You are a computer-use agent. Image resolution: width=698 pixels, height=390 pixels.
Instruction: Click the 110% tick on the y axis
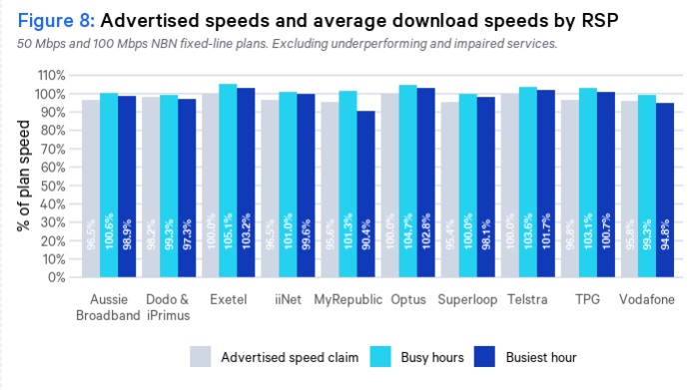pyautogui.click(x=51, y=76)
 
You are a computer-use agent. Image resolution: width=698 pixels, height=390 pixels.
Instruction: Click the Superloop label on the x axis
pyautogui.click(x=462, y=298)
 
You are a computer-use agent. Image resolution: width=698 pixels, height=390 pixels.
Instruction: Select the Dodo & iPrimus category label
pyautogui.click(x=168, y=306)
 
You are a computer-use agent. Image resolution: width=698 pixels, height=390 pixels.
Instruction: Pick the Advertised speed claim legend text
pyautogui.click(x=283, y=357)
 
